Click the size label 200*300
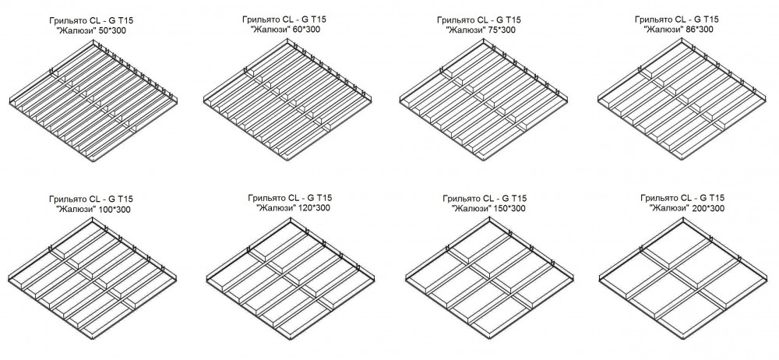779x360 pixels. (x=707, y=208)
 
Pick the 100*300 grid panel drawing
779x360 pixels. (x=93, y=278)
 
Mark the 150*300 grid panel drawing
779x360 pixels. (x=490, y=279)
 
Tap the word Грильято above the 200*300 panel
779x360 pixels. (x=657, y=198)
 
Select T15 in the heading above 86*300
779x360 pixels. (x=710, y=19)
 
